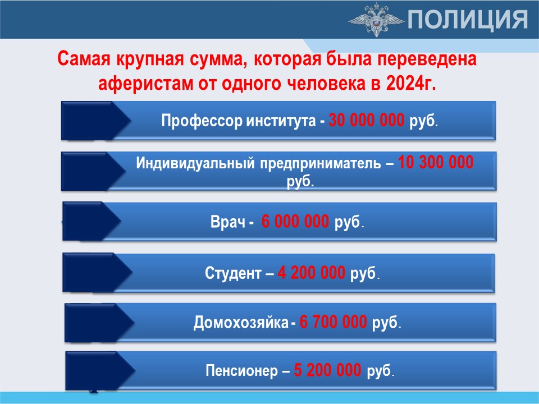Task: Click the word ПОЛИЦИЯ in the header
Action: (468, 19)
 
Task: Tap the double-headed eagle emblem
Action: (376, 19)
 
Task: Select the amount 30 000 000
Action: (367, 120)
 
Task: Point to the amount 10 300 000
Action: (436, 162)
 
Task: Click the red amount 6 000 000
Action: (295, 221)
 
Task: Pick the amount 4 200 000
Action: (312, 273)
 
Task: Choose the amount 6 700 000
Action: (333, 322)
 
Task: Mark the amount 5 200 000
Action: (327, 370)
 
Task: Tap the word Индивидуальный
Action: (195, 163)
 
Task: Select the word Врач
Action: (227, 222)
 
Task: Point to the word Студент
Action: (233, 273)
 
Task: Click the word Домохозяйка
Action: (241, 323)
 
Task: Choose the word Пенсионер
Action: (241, 371)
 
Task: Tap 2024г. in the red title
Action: (411, 83)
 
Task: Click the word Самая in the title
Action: (84, 58)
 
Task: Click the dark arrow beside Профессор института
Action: (96, 121)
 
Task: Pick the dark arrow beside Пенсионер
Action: (100, 371)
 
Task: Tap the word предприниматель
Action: (321, 163)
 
